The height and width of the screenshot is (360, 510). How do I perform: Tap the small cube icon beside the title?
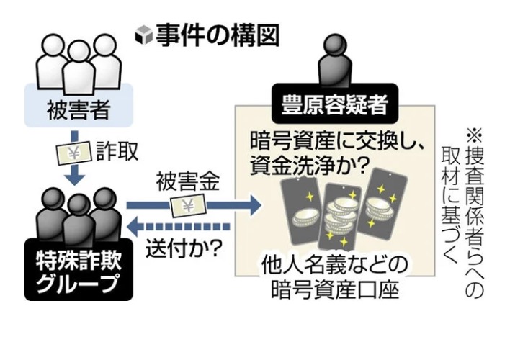coord(144,36)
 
